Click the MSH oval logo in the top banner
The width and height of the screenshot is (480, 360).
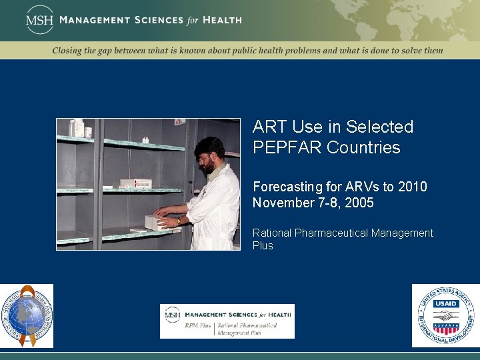coord(39,19)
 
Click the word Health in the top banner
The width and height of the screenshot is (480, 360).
coord(222,20)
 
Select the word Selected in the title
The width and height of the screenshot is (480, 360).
coord(382,127)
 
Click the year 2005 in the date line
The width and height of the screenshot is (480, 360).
coord(359,203)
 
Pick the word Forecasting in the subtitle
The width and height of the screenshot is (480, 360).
coord(285,187)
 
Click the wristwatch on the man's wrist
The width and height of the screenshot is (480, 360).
coord(179,221)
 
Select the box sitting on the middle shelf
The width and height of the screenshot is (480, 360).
coord(135,183)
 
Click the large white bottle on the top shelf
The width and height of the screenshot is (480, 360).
coord(79,128)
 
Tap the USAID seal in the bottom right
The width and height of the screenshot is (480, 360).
coord(445,315)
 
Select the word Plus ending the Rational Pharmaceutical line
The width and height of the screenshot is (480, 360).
coord(263,245)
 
